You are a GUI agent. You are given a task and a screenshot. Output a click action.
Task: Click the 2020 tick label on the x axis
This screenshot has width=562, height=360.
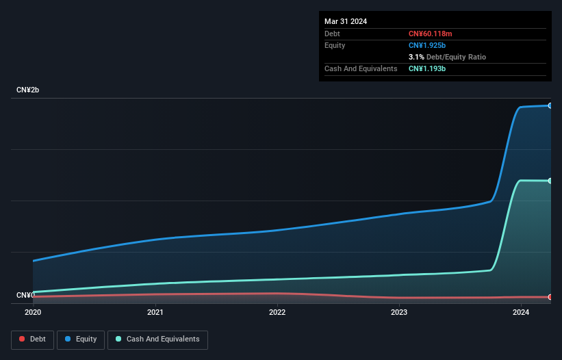[33, 313]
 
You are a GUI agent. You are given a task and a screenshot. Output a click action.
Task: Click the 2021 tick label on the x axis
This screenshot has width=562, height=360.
[155, 313]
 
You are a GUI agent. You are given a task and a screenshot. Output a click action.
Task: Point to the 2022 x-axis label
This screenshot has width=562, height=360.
[277, 313]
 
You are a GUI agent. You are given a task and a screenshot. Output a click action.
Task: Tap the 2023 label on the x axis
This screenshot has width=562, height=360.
[399, 313]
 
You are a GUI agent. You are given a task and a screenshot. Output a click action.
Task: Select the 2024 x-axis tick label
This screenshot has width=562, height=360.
[521, 313]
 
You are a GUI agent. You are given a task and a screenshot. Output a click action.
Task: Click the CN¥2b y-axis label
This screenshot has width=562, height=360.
[28, 90]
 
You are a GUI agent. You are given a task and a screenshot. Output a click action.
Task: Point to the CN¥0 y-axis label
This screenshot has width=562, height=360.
[26, 296]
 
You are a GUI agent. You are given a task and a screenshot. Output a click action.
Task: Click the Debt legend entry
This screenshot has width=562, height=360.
[32, 339]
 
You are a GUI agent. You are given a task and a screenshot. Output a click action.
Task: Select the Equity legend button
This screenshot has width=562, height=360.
[81, 339]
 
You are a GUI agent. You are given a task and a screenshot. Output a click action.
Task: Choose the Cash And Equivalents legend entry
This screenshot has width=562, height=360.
[157, 339]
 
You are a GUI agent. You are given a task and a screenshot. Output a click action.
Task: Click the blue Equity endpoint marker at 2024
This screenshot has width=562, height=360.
[550, 105]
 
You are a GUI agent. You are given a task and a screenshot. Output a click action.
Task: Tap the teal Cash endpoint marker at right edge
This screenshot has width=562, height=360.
[550, 181]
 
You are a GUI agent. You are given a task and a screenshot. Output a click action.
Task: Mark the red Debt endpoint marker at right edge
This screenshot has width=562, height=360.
[550, 297]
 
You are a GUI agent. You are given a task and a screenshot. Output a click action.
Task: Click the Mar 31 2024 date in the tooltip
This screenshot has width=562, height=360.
[346, 21]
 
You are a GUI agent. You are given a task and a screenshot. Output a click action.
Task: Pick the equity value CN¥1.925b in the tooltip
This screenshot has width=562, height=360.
[426, 45]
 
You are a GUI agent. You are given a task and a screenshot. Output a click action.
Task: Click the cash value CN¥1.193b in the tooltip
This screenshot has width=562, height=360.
[426, 68]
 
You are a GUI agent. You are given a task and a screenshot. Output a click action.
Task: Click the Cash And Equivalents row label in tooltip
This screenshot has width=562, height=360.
[361, 68]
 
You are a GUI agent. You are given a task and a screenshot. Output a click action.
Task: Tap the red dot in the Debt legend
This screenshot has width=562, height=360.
[23, 339]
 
